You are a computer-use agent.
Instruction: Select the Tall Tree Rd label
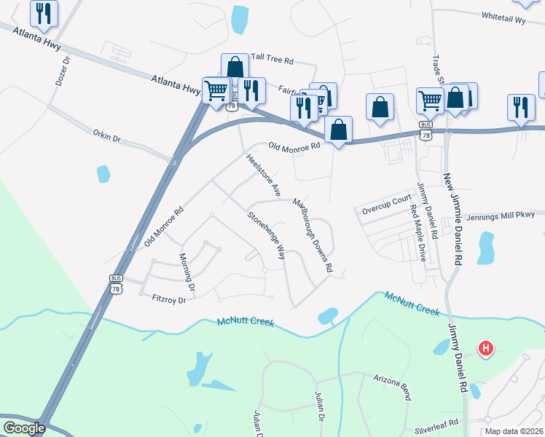click(x=272, y=57)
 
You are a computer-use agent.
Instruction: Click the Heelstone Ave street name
click(x=263, y=176)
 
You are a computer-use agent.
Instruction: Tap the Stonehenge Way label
click(x=266, y=235)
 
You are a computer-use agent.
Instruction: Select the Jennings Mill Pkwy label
click(x=506, y=216)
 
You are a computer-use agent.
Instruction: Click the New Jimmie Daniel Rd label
click(x=453, y=219)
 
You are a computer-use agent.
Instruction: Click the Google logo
click(x=23, y=428)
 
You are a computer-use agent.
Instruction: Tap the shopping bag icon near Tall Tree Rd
click(x=235, y=66)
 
